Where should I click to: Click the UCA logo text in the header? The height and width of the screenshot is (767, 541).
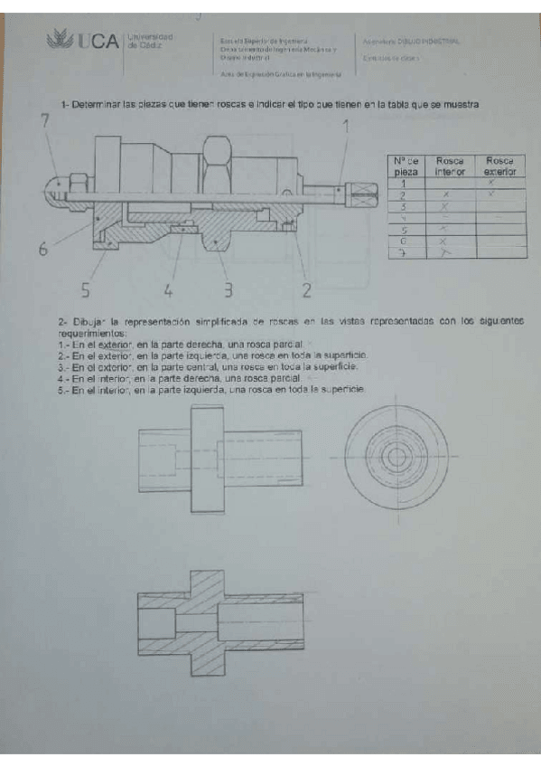click(98, 42)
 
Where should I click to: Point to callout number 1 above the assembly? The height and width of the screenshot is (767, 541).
click(345, 128)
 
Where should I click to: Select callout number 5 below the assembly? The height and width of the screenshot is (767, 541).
click(86, 290)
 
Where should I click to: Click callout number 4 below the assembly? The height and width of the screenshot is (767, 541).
click(168, 290)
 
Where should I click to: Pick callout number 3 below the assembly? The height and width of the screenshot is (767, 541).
click(229, 290)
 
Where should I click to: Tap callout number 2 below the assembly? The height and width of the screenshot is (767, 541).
click(306, 290)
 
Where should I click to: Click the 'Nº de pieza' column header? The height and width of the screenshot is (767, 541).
click(406, 166)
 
